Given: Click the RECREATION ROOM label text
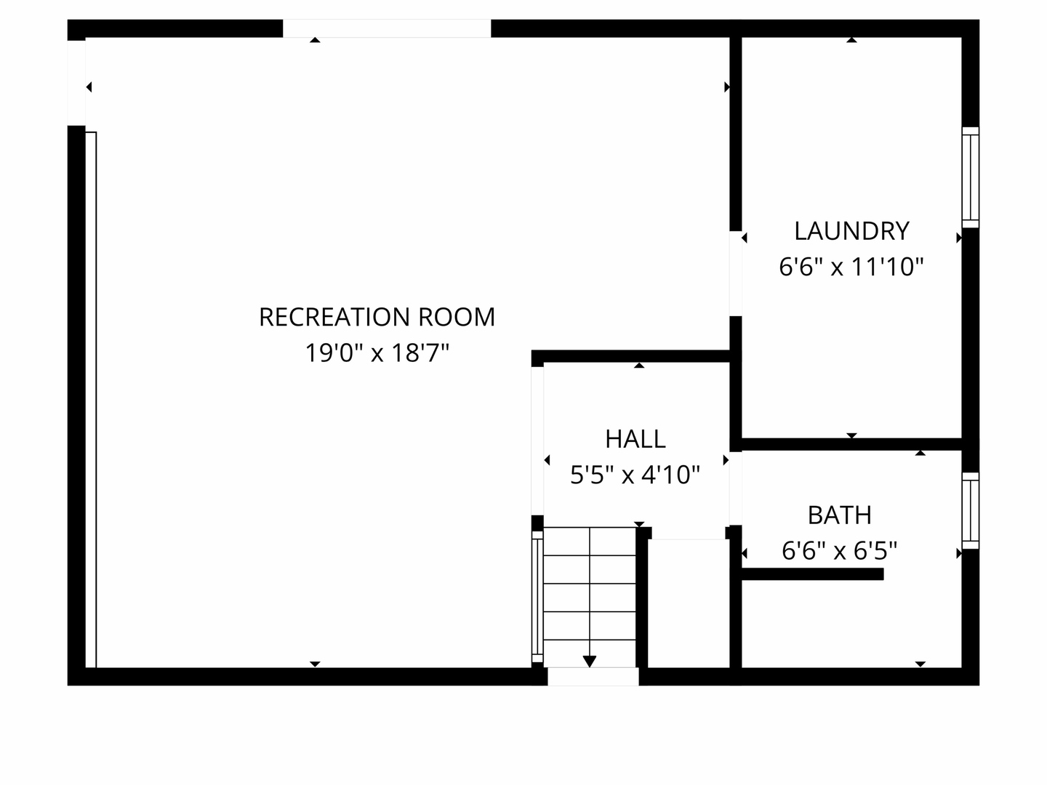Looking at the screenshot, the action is tap(377, 317).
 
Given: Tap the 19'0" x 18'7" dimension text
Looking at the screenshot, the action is tap(377, 353).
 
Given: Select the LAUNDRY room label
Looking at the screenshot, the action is tap(851, 231).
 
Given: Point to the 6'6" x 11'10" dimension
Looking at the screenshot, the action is tap(851, 267).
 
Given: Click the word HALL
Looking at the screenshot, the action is tap(635, 439).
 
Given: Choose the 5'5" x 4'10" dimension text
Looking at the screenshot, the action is tap(635, 475).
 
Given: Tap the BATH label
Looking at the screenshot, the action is tap(840, 515).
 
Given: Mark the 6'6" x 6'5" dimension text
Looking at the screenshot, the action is tap(840, 550).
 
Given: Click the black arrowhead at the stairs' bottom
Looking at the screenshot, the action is tap(590, 661).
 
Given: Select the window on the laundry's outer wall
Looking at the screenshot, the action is tap(970, 177).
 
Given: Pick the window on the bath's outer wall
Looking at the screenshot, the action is tap(970, 511).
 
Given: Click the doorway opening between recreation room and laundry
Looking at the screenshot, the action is tap(736, 273).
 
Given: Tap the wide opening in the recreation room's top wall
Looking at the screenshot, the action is tap(387, 28).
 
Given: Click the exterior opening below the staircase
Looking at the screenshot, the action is tap(593, 676).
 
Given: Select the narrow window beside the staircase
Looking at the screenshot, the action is tap(537, 597).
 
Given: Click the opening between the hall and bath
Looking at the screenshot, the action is tap(736, 488).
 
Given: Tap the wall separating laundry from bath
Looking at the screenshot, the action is tap(851, 444).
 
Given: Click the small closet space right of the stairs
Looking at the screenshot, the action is tap(689, 603).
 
